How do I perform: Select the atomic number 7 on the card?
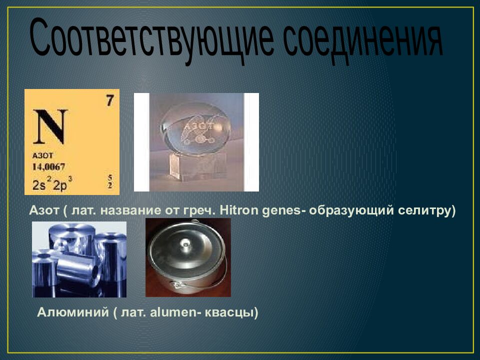tap(109, 100)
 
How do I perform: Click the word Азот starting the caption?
tap(44, 210)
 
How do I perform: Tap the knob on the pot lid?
tap(186, 243)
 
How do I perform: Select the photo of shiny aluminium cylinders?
tap(79, 259)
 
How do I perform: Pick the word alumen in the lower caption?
tap(176, 313)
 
